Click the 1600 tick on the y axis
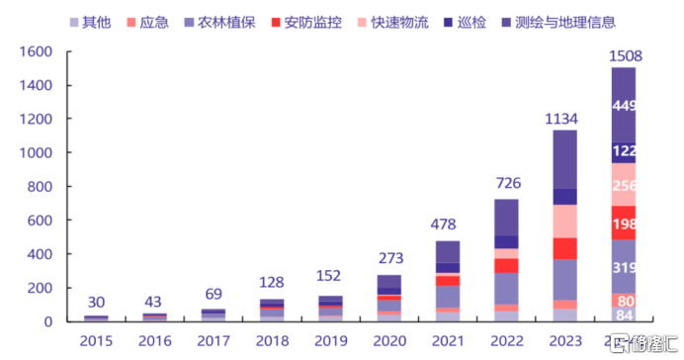pos(36,51)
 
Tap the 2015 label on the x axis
pos(96,341)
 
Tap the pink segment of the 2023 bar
pos(563,221)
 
